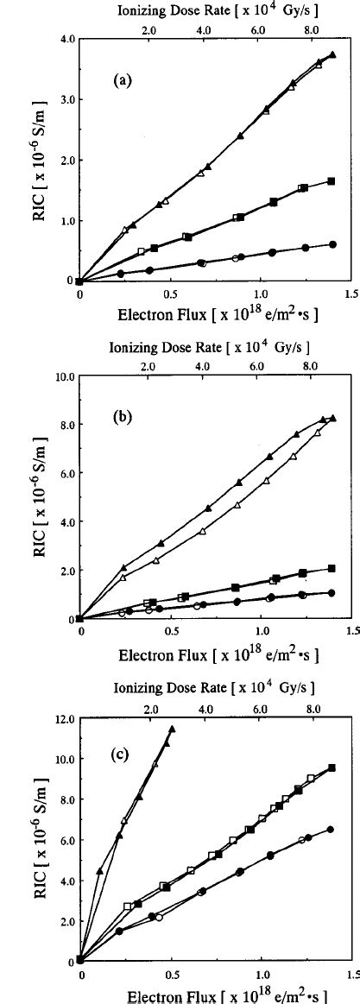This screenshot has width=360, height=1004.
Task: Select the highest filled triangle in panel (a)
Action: click(x=332, y=54)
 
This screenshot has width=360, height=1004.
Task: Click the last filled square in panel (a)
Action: click(x=331, y=181)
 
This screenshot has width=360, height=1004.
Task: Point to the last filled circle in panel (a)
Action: click(x=332, y=244)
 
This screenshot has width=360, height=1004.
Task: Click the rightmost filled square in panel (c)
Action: click(x=332, y=767)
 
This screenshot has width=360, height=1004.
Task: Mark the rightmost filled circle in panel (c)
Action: click(x=331, y=829)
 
